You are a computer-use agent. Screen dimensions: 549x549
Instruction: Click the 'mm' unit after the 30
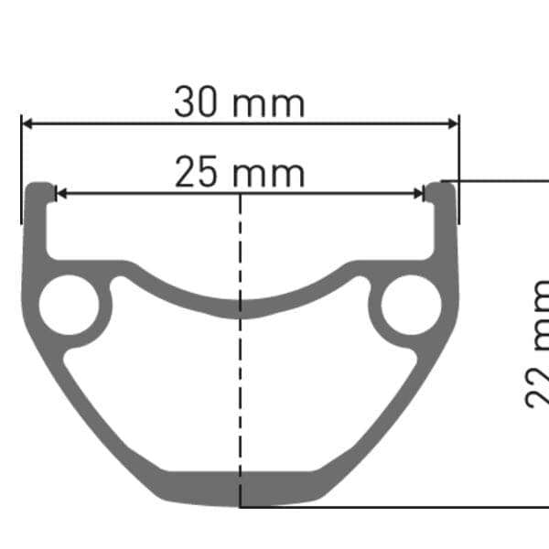268,104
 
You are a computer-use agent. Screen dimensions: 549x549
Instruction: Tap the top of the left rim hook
38,186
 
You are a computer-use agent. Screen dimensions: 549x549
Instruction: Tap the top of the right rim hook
443,186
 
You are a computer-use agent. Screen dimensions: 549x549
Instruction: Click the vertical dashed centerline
240,384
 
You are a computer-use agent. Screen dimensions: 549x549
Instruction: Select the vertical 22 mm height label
538,343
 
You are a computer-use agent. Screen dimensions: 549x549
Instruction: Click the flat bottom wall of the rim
240,490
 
